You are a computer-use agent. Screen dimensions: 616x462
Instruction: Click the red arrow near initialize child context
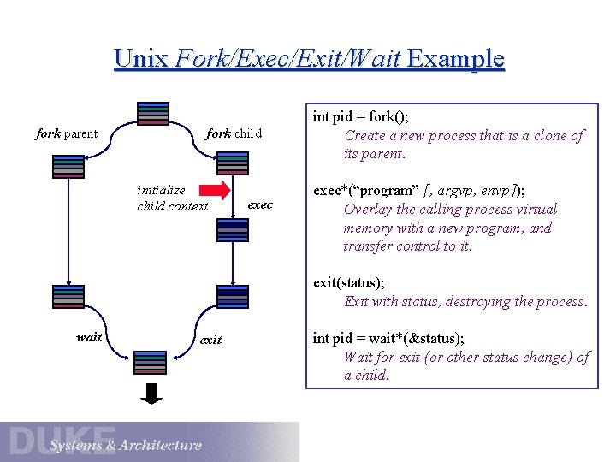(x=219, y=190)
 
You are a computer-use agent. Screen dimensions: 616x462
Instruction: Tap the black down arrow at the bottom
(x=152, y=393)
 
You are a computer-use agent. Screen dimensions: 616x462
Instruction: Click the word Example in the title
(x=456, y=59)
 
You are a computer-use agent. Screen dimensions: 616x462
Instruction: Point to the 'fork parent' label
(x=66, y=133)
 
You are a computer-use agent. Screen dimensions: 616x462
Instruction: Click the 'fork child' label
(x=234, y=133)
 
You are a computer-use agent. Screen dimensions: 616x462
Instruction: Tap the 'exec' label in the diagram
(x=260, y=204)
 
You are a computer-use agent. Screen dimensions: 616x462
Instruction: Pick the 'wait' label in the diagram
(x=89, y=337)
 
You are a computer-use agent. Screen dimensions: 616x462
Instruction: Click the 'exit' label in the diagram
(x=210, y=340)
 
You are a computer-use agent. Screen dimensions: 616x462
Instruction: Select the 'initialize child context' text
(x=172, y=198)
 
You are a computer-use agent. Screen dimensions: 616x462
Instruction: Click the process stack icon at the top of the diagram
(x=152, y=114)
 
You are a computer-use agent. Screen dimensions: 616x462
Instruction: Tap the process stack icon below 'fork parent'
(x=68, y=166)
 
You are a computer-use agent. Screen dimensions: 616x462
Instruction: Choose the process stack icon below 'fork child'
(x=233, y=163)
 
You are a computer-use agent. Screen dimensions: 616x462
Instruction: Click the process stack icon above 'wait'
(x=68, y=296)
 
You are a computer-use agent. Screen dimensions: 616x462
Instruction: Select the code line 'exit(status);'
(x=350, y=282)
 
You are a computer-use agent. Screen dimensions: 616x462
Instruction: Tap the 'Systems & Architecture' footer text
(x=126, y=445)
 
